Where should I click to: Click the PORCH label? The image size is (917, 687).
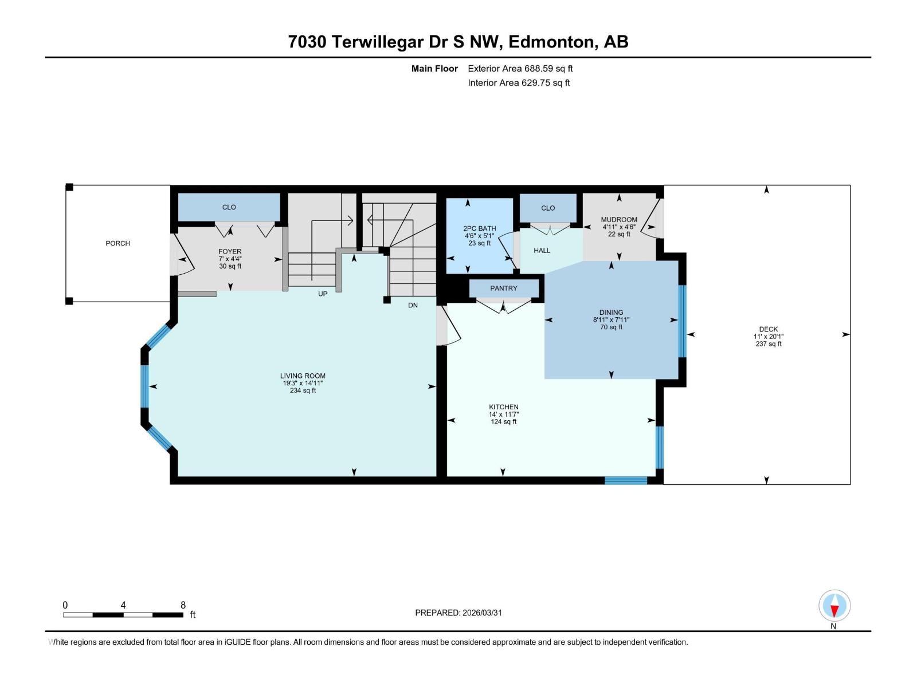coord(117,243)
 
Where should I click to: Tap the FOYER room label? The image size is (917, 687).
coord(230,251)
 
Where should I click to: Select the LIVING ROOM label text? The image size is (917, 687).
coord(303,376)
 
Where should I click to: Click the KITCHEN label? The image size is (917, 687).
coord(503,407)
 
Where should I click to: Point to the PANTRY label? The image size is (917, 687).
coord(503,289)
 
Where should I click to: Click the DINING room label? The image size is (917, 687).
coord(611,313)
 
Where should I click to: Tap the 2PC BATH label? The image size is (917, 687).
coord(479,228)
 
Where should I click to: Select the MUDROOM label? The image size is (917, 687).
coord(619,219)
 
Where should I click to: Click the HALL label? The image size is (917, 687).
coord(542,250)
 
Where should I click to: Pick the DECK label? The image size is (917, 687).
coord(768,329)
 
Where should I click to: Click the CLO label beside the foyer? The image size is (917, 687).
coord(229,207)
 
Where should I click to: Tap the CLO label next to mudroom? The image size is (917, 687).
coord(548,208)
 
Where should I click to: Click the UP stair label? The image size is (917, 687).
coord(323,294)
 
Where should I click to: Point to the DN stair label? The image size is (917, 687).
coord(413,305)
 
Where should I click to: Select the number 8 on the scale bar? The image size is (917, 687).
coord(183,605)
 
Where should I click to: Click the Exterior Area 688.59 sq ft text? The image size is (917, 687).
coord(520,69)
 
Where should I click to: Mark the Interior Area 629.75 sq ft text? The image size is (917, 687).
coord(519,83)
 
